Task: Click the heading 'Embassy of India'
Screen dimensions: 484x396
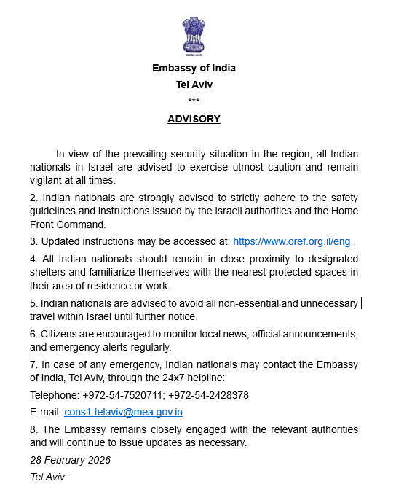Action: point(194,68)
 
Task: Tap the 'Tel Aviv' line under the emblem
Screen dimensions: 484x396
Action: point(194,85)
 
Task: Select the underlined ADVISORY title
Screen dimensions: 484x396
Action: point(194,119)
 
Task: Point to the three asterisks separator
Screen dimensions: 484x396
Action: point(194,101)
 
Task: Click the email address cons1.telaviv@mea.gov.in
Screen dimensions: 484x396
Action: point(123,412)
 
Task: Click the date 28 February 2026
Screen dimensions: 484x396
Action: point(70,460)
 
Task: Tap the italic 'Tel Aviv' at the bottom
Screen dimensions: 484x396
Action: point(47,477)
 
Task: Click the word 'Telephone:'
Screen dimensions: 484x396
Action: point(53,395)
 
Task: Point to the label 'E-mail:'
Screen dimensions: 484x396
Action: point(45,412)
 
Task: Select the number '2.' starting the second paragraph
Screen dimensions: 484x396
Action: point(33,198)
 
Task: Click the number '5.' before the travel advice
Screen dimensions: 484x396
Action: point(33,302)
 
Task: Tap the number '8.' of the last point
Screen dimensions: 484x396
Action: point(33,429)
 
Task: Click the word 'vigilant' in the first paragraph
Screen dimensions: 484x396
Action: point(47,180)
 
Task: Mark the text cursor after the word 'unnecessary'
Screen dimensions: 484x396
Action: point(362,302)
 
